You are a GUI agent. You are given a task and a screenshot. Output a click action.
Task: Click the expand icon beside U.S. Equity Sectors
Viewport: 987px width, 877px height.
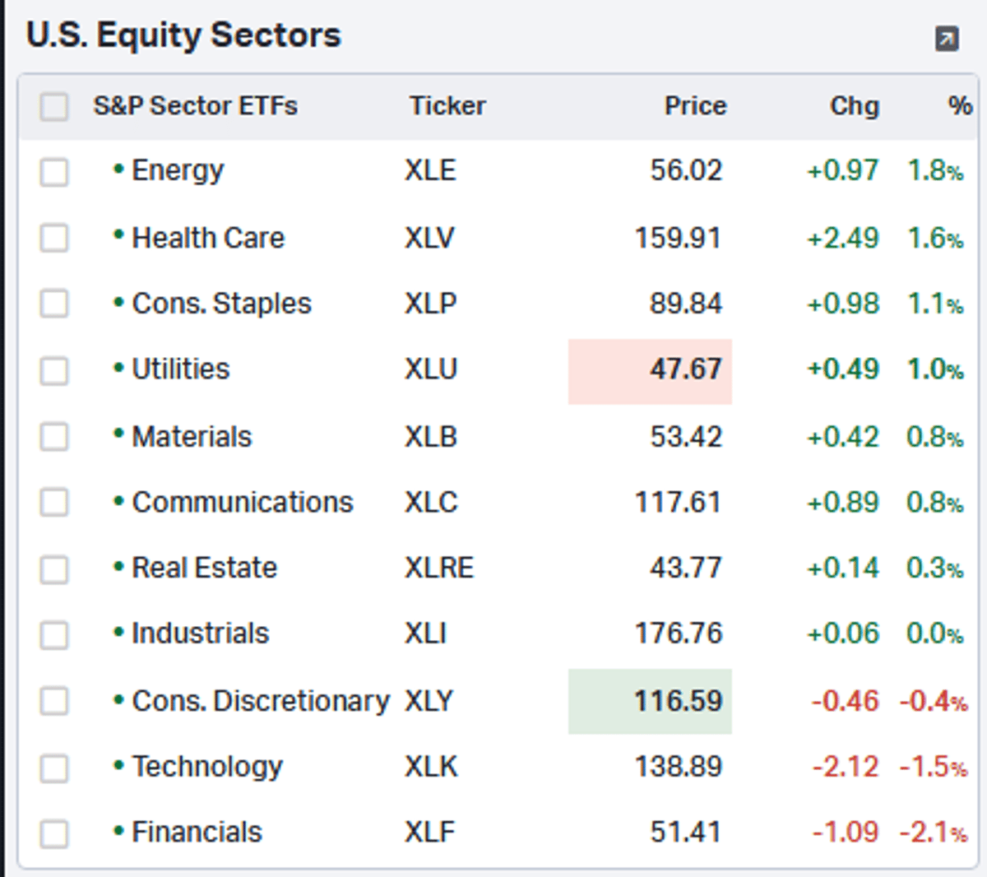click(947, 39)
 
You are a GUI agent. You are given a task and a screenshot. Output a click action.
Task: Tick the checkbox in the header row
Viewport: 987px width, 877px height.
click(54, 106)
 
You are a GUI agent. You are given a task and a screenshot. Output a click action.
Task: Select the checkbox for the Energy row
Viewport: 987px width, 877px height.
click(54, 172)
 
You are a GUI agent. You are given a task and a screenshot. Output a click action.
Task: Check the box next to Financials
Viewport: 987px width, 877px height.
click(54, 833)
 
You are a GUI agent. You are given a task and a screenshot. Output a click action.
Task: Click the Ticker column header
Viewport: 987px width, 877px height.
click(447, 106)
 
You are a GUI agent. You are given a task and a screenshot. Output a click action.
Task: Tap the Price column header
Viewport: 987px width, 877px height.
click(695, 106)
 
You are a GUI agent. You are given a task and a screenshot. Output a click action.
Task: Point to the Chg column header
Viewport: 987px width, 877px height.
click(854, 106)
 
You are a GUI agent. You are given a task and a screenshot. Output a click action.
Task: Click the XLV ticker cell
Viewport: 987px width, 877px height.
click(429, 239)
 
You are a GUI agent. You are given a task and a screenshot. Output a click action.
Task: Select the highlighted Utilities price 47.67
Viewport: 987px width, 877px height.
click(685, 369)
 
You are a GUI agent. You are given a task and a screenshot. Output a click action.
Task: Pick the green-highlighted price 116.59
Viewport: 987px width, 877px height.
click(678, 701)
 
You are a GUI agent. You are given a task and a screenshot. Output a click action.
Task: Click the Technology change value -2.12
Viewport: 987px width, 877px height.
click(846, 767)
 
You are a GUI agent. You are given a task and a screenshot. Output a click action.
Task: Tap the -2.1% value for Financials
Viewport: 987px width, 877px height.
click(933, 833)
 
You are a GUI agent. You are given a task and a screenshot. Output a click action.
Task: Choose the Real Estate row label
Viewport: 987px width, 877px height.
click(204, 568)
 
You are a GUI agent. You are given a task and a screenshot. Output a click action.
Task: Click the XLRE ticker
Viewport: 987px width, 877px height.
click(439, 568)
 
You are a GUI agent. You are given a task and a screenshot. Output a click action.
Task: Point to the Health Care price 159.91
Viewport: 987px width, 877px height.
click(678, 239)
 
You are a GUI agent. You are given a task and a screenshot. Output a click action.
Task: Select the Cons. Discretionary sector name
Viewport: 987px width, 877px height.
click(260, 701)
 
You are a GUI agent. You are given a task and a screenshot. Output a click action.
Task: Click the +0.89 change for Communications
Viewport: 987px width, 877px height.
click(843, 502)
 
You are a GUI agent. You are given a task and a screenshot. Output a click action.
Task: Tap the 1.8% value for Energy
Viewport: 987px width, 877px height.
click(934, 171)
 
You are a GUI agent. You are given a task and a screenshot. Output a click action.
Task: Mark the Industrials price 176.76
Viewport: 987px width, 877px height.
click(678, 633)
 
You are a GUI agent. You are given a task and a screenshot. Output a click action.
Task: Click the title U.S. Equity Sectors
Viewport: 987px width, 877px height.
click(183, 35)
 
